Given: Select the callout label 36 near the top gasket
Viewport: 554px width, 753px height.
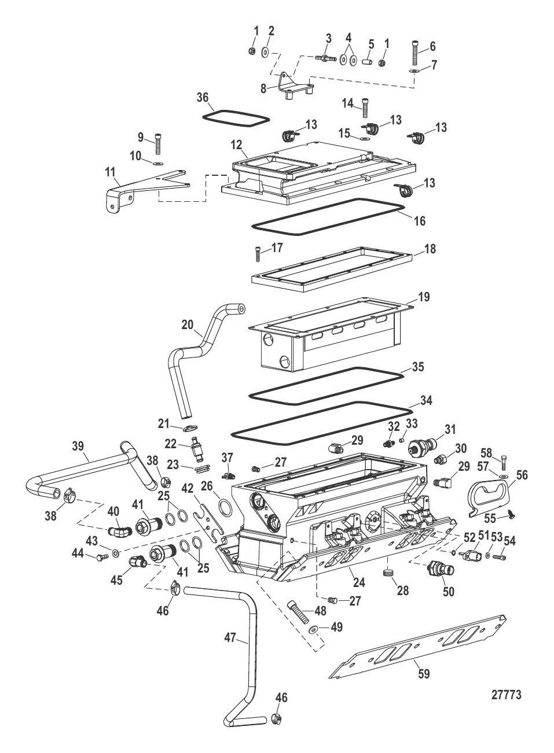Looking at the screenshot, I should point(203,99).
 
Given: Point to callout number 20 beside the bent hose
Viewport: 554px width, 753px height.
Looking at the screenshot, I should point(188,325).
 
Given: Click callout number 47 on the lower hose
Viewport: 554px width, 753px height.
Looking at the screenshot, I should point(230,637).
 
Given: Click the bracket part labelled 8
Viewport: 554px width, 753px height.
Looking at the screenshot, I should point(292,85).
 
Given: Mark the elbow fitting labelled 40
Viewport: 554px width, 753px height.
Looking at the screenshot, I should point(118,529).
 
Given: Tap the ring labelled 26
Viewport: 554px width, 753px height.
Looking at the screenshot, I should point(224,507).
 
